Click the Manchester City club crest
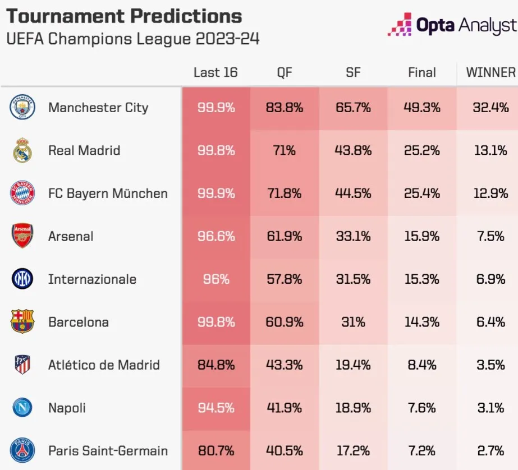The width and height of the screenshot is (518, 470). [22, 107]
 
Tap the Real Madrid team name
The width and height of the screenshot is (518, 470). [84, 150]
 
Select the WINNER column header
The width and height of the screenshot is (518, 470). [491, 72]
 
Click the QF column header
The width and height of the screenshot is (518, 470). [285, 72]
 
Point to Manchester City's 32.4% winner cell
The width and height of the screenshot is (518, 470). [491, 107]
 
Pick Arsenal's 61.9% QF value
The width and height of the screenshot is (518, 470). [285, 236]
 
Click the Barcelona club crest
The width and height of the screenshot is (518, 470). [22, 322]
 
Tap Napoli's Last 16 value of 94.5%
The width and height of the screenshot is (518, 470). [216, 408]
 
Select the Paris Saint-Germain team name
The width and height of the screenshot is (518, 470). [108, 450]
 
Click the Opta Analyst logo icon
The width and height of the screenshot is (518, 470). [400, 25]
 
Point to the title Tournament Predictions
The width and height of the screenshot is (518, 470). [124, 16]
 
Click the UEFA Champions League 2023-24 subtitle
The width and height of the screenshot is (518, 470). [132, 40]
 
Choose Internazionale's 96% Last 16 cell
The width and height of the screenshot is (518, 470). [216, 279]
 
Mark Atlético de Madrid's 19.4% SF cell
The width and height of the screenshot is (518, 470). [353, 365]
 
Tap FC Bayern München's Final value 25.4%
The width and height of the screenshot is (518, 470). [422, 193]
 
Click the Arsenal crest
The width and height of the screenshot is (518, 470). [22, 236]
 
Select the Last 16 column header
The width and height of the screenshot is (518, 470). [216, 72]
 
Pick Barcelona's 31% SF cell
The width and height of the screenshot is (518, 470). [353, 322]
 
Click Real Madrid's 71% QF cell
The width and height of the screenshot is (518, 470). [285, 150]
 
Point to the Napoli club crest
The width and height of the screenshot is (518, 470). [22, 408]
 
